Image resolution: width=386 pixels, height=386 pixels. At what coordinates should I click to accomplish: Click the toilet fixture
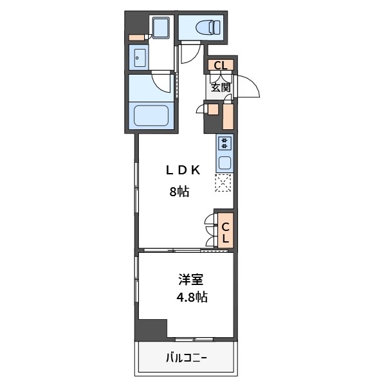pos(208,27)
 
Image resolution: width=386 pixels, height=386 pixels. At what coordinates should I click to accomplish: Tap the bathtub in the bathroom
pos(151,115)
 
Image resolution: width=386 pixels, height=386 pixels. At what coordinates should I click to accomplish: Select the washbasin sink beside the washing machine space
pos(140,58)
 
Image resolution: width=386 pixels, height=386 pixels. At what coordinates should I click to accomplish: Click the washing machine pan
pos(161,27)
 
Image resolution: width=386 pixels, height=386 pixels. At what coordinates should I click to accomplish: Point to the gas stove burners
pos(225,143)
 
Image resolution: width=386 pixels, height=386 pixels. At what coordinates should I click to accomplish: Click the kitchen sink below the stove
pos(225,163)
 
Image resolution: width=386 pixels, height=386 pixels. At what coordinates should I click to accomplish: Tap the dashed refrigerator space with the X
pos(223,183)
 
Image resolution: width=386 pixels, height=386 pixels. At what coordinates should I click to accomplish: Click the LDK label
pos(183,170)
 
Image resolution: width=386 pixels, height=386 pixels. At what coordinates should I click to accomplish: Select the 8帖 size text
pos(179,192)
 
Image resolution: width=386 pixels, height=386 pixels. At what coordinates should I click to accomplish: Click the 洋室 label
pos(191,280)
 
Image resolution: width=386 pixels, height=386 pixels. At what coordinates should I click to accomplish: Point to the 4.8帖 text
pos(192,297)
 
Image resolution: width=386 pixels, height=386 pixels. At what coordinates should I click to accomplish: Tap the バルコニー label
pos(186,358)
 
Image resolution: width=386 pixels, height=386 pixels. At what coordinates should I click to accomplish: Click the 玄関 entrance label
pos(221,87)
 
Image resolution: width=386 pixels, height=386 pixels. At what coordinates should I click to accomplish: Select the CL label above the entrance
pos(220,66)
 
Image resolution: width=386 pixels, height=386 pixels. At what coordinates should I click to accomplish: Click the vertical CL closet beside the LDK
pos(226,230)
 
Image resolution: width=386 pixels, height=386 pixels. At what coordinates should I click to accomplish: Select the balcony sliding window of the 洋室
pos(194,339)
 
